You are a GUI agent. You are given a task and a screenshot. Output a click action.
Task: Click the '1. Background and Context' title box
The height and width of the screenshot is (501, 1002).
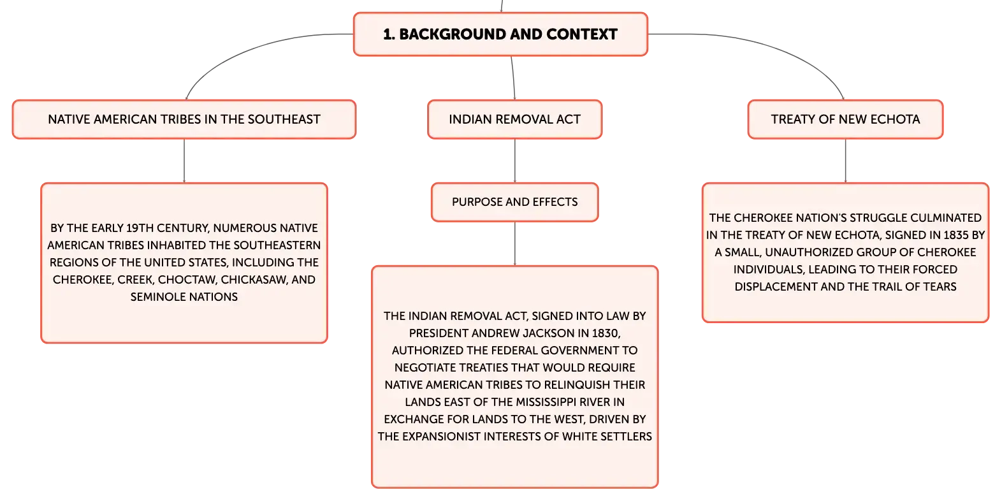click(x=500, y=34)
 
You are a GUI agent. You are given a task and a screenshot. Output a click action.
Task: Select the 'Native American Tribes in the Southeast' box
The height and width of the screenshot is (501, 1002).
click(x=184, y=119)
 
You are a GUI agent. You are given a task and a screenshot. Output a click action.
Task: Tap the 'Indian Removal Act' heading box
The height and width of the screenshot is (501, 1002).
click(x=515, y=119)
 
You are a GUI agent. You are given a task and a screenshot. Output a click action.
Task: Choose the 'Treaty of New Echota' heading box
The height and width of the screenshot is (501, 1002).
click(x=845, y=119)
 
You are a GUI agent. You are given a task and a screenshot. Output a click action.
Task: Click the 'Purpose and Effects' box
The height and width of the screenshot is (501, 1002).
click(x=515, y=202)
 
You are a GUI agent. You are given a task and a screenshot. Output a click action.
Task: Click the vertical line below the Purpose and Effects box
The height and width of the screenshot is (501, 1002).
click(x=515, y=243)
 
